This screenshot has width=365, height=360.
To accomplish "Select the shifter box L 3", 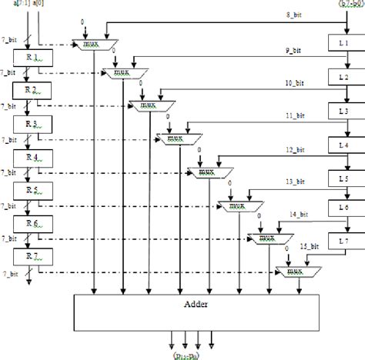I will coord(345,112).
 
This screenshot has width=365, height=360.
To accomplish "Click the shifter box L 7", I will coord(345,242).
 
